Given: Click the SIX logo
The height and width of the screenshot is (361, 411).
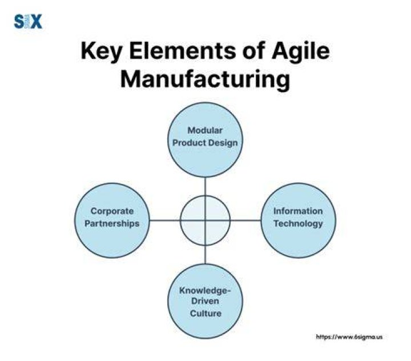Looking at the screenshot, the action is tap(28, 22).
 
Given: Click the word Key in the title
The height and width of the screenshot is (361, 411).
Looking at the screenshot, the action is tap(101, 51).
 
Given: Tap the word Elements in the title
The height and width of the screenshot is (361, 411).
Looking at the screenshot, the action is tap(183, 51).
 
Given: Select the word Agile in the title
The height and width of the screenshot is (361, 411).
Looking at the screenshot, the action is tap(301, 51).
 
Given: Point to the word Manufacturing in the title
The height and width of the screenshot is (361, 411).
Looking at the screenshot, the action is tap(205, 80).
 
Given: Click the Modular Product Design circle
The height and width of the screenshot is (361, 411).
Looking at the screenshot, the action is tap(205, 139).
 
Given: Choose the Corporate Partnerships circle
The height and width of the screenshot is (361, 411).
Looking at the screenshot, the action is tap(112, 220).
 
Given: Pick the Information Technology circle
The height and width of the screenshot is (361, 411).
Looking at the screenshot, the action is tap(299, 220).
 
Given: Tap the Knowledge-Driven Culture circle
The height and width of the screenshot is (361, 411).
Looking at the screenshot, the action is tap(205, 301).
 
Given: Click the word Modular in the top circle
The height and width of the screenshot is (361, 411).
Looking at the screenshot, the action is tap(205, 130).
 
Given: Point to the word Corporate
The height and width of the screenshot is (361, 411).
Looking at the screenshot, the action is tap(112, 211).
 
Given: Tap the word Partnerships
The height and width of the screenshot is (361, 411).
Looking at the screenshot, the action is tap(112, 224).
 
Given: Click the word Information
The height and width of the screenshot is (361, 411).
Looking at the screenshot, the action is tap(298, 211).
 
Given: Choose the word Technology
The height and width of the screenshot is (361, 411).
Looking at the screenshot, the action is tap(299, 224).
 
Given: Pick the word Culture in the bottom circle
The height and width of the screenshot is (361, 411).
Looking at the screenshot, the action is tap(205, 313).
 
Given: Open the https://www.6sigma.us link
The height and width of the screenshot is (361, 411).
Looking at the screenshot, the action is tap(349, 337).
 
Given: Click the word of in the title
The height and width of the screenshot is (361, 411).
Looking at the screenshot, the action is tap(253, 51).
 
